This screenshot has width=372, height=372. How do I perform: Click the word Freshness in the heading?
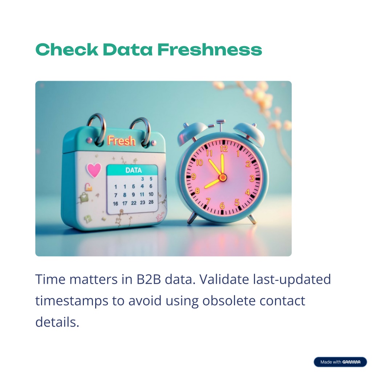tap(210, 49)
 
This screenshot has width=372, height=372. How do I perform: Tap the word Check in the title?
tap(67, 49)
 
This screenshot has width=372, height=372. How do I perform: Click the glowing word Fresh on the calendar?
tap(121, 141)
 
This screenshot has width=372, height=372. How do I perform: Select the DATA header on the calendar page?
tap(133, 170)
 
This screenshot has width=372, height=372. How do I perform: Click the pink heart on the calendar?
tap(94, 170)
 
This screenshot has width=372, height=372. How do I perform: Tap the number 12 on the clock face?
tap(224, 149)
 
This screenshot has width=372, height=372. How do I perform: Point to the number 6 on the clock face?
tap(222, 206)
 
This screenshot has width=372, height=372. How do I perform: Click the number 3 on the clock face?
tap(252, 178)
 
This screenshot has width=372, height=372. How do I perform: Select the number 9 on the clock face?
tap(194, 177)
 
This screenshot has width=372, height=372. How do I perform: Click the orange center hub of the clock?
tap(223, 177)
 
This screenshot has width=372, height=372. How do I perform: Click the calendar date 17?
tap(125, 203)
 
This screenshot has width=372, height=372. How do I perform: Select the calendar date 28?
tap(151, 202)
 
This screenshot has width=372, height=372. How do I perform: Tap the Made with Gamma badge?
tap(340, 362)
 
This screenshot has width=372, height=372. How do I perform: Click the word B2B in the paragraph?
tap(149, 279)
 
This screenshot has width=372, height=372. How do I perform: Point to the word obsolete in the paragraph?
tap(229, 300)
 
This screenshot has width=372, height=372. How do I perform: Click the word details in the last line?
tap(57, 322)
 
